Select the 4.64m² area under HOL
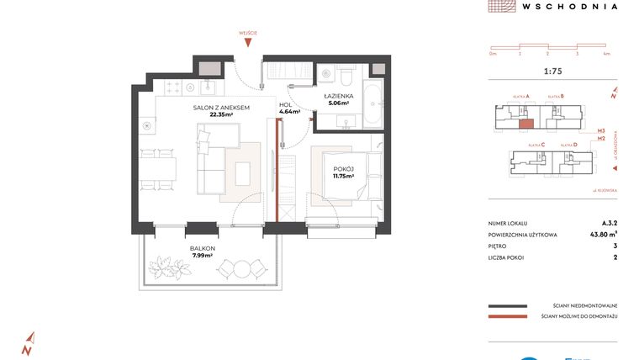pos(289,111)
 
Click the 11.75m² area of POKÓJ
pos(343,177)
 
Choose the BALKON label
pos(203,249)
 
